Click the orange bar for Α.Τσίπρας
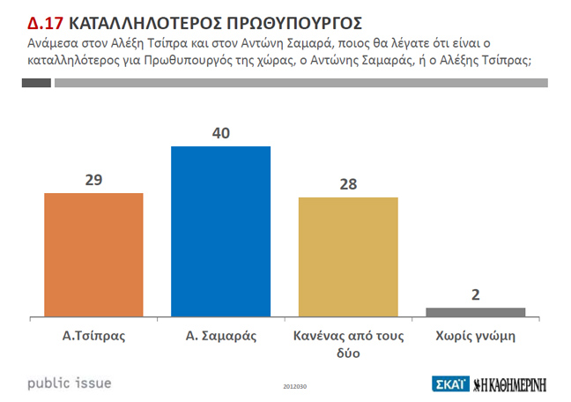coord(93,254)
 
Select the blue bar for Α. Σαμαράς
coord(220,230)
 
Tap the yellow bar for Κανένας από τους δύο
coord(348,256)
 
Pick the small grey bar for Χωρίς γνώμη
coord(475,311)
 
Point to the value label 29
coord(94,180)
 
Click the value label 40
coord(220,133)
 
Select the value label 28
coord(348,184)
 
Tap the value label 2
coord(476,294)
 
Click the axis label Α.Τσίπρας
coord(93,336)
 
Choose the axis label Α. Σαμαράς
coord(220,336)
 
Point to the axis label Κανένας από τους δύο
coord(348,344)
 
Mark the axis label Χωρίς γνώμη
coord(475,336)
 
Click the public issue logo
coord(70,383)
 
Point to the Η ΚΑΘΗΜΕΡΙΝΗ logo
coord(510,383)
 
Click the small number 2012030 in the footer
coord(295,386)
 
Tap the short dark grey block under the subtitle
coord(35,83)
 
